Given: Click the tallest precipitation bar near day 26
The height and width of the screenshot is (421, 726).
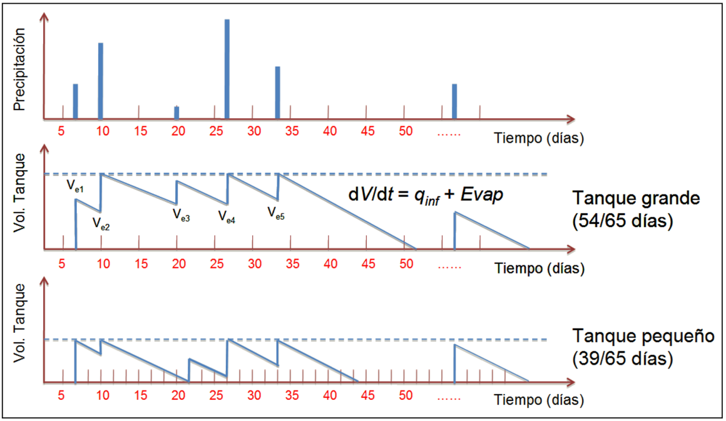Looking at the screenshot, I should coord(227,69).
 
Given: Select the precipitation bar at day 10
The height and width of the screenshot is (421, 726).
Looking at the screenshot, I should coord(100,80).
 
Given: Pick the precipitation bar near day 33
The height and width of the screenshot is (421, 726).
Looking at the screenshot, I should coord(277,92).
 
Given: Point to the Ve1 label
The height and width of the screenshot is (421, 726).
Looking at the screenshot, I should coord(75,186).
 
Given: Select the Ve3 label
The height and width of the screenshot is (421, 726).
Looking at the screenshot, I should coord(181,215).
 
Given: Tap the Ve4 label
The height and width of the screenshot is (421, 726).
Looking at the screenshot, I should coord(227,216).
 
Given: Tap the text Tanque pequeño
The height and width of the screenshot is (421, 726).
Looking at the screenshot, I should coord(643,337).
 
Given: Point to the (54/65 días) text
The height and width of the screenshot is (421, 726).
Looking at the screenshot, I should coord(623,221).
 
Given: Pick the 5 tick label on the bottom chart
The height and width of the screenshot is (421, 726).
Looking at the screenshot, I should coord(61,396).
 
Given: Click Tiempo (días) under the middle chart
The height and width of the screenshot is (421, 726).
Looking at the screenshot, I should coord(539,269).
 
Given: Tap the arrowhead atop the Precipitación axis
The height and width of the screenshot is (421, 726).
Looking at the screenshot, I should coord(44,16).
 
